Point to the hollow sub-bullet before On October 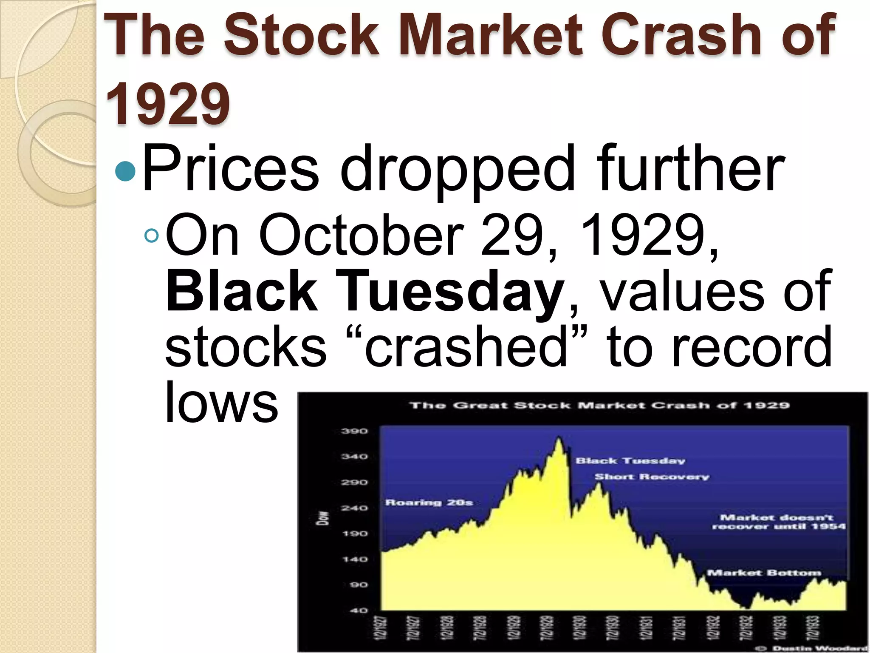click(151, 236)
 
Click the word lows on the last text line click(221, 402)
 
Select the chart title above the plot click(599, 405)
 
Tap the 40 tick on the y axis click(358, 610)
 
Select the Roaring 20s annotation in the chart click(429, 503)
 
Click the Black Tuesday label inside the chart click(630, 461)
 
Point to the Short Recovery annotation click(652, 477)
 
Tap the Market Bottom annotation click(764, 573)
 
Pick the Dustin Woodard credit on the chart click(819, 648)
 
